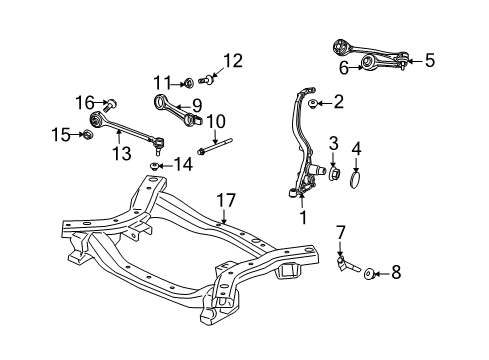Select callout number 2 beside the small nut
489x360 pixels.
(x=334, y=144)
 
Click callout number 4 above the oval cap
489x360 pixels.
(x=429, y=60)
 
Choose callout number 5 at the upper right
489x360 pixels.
(x=344, y=68)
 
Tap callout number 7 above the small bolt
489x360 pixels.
(x=395, y=270)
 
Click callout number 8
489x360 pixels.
(x=197, y=103)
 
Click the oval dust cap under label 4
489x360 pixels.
(x=370, y=270)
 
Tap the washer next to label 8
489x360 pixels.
(x=313, y=103)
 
